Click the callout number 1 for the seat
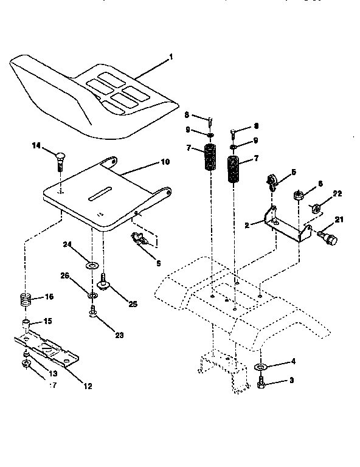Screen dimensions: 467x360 point(171,57)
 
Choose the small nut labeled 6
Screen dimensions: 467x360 point(298,196)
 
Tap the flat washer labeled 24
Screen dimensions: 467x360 point(93,266)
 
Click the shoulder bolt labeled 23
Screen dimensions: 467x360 point(92,313)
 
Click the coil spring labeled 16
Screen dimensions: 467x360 point(24,299)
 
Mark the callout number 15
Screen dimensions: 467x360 point(46,320)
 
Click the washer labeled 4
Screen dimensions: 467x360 point(260,368)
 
